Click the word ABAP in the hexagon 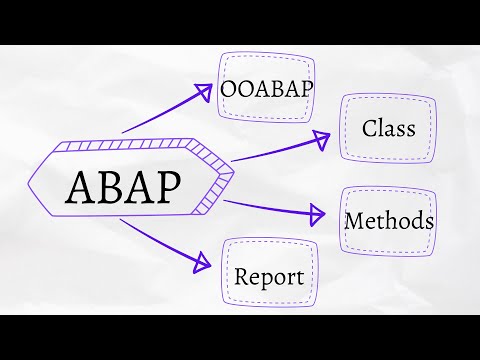(127, 187)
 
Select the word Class (389, 129)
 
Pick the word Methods (389, 220)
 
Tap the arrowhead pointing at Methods (317, 213)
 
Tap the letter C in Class (369, 129)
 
